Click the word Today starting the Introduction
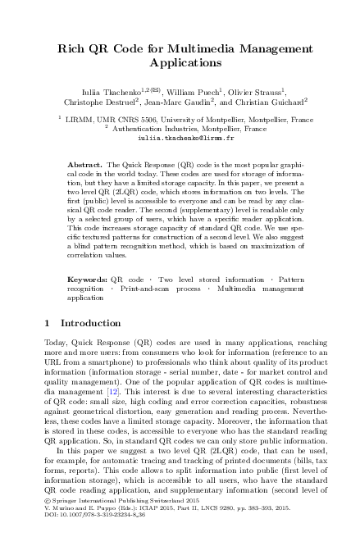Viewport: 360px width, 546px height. tap(57, 342)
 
